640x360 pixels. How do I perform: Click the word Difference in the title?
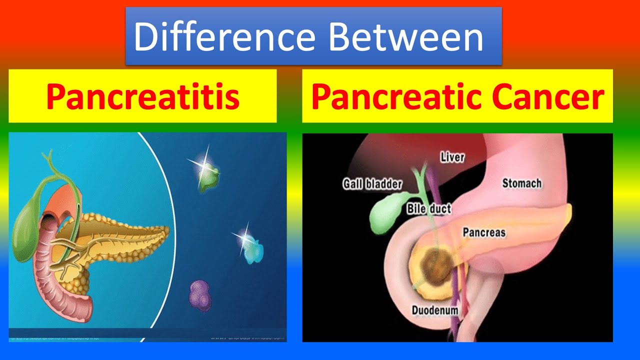(x=224, y=37)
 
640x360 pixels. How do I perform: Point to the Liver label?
(x=452, y=157)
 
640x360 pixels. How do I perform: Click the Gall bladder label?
(x=372, y=184)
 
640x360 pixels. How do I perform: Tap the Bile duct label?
(x=428, y=208)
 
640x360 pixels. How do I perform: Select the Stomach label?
(x=521, y=183)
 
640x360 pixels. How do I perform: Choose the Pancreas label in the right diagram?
(x=483, y=232)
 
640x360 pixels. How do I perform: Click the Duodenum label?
(x=435, y=310)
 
